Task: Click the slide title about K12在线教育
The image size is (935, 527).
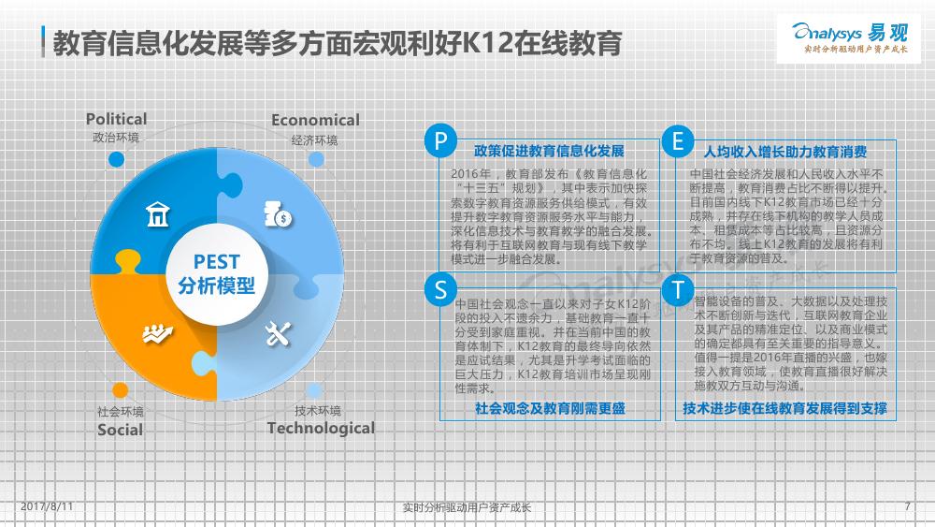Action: coord(338,43)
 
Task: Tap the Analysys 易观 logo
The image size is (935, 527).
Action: coord(849,38)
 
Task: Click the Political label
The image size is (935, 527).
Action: coord(116,119)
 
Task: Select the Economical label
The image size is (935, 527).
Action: coord(315,120)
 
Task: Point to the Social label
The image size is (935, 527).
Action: coord(120,430)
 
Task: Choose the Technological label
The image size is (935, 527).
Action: coord(321,428)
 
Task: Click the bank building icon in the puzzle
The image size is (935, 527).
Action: coord(158,214)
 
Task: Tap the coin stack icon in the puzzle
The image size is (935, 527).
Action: coord(278,214)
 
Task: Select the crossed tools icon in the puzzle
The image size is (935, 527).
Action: coord(278,333)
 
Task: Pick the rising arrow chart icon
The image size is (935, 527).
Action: coord(157,333)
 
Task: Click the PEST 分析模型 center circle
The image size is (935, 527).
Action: coord(217,274)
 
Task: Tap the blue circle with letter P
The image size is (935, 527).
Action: coord(440,140)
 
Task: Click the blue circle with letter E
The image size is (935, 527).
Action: coord(678,140)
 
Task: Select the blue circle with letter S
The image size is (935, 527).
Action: coord(440,289)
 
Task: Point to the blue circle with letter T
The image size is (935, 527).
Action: coord(678,289)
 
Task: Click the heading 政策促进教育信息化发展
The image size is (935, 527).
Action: coord(549,151)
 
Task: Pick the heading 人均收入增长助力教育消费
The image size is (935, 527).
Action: coord(785,152)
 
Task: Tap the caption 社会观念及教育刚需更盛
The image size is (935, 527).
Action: coord(550,408)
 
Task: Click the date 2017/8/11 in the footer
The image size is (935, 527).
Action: coord(47,506)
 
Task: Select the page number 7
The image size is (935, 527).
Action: coord(907,506)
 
